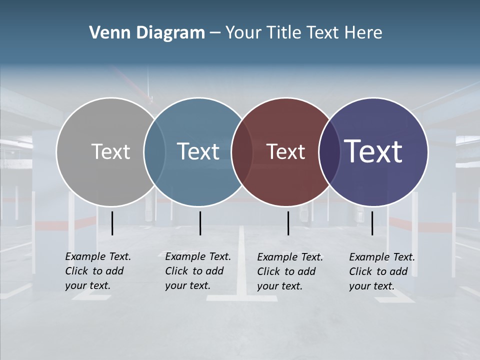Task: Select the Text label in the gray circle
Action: pos(110,151)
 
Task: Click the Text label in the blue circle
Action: pos(198,151)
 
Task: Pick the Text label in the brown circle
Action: pos(285,151)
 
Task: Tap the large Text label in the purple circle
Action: pos(373,151)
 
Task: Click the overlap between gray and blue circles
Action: pos(154,151)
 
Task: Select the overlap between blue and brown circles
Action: pos(242,151)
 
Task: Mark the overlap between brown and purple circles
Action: pos(329,151)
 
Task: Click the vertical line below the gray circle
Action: pos(112,223)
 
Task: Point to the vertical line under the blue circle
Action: pos(200,223)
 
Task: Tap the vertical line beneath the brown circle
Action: pos(288,223)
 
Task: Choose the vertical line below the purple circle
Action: pos(372,223)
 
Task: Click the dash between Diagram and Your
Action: pos(215,33)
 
